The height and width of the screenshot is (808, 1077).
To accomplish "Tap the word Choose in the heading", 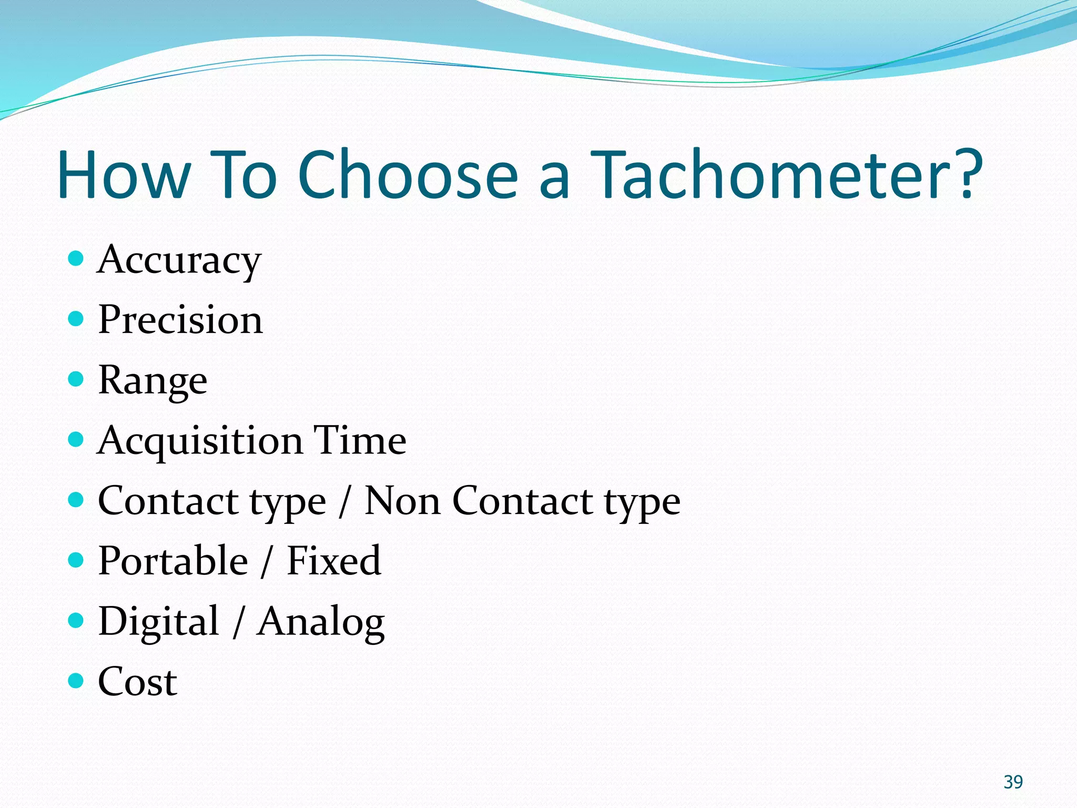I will click(408, 175).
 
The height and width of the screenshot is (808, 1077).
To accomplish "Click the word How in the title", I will click(124, 175).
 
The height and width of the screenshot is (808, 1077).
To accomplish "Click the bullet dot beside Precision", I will click(76, 319).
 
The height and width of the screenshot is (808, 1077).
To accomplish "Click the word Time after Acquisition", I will click(360, 440).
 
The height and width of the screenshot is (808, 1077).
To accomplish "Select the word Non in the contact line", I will click(402, 501).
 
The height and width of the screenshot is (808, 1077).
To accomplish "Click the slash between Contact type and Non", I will click(344, 502).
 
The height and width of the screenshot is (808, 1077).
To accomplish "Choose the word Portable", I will click(173, 561).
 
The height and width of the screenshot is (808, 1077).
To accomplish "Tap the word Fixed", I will click(334, 561).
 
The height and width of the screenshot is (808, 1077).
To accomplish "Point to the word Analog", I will click(321, 623).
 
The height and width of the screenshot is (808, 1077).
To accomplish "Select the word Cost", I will click(138, 682).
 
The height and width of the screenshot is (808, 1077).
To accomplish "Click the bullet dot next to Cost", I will click(76, 681).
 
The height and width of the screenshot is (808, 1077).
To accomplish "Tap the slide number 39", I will click(1013, 782).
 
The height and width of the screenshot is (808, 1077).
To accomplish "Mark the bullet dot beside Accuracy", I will click(76, 258).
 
